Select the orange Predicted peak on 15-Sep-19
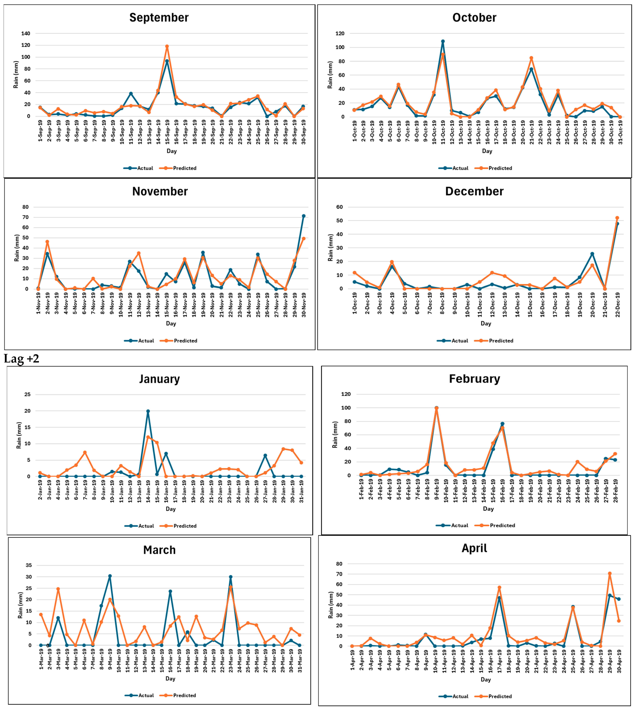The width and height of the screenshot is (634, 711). (167, 46)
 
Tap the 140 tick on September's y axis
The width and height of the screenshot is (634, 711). (26, 33)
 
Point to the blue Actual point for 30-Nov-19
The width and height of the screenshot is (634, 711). (303, 216)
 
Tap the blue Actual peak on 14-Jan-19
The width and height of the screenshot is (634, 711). (148, 411)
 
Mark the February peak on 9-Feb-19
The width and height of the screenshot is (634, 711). (437, 408)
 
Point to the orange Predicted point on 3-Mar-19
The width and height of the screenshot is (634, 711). (58, 589)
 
